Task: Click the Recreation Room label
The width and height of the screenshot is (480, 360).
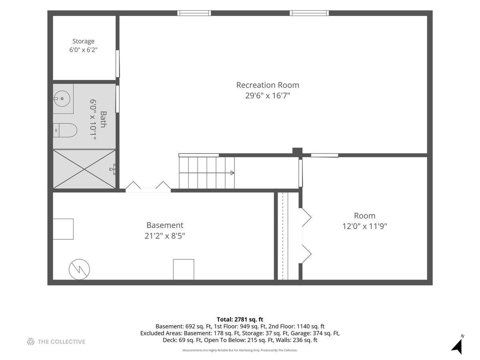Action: (x=268, y=85)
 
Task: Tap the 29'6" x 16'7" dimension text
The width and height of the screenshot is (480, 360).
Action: (x=268, y=96)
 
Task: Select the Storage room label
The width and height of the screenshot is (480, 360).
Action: (x=83, y=41)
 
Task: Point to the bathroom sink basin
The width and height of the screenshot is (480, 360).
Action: (x=62, y=98)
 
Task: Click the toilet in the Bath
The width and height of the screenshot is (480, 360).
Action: (x=65, y=130)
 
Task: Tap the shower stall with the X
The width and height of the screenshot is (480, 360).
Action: (x=84, y=169)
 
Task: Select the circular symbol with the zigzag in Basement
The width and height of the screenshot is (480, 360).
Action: (x=79, y=269)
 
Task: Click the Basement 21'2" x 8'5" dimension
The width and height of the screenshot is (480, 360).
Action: (x=165, y=236)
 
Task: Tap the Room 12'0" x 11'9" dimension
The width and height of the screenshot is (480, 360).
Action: (x=364, y=226)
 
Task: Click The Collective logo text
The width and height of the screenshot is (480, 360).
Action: (x=62, y=342)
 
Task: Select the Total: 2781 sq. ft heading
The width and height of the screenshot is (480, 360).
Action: (x=240, y=320)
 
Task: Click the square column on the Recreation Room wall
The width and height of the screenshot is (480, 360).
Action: (x=298, y=152)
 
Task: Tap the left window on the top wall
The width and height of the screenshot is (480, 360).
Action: (x=194, y=13)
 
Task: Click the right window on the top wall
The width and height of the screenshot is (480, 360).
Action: (x=309, y=13)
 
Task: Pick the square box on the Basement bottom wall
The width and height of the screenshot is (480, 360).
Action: (x=184, y=270)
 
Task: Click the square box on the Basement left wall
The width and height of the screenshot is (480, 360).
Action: (x=63, y=229)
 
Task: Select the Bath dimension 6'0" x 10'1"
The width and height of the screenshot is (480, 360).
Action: (x=93, y=120)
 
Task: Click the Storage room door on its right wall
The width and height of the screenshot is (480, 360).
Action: (x=118, y=64)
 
